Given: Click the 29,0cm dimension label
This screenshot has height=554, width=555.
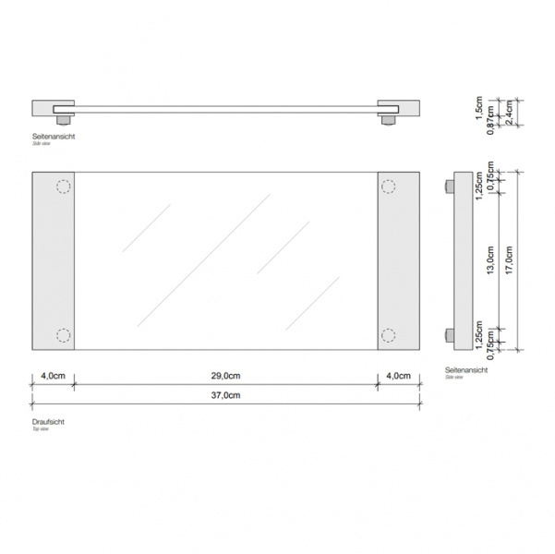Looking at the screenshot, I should click(226, 376).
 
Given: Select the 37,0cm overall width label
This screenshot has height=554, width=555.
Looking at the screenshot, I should click(226, 395).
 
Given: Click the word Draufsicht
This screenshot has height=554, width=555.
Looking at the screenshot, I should click(48, 421).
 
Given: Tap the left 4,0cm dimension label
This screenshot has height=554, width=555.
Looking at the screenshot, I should click(53, 376).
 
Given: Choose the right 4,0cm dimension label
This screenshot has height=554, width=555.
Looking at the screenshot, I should click(399, 376).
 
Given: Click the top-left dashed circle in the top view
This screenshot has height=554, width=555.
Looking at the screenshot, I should click(64, 187).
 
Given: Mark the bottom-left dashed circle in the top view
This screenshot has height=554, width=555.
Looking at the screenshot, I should click(64, 335).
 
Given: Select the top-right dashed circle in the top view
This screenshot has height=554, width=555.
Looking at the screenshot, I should click(388, 187).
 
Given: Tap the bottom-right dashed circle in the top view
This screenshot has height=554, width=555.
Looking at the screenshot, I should click(388, 335).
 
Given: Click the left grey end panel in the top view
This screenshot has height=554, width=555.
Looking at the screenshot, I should click(53, 261).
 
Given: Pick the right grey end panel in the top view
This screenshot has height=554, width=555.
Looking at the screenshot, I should click(399, 261).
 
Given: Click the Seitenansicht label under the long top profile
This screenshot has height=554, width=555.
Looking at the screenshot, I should click(53, 137).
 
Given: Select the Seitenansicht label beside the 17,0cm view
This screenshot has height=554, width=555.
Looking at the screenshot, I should click(465, 368).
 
